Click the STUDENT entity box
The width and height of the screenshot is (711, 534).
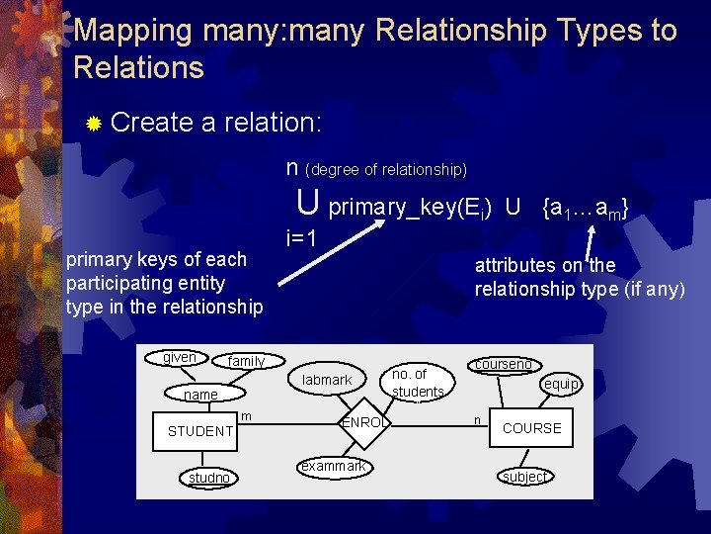199,431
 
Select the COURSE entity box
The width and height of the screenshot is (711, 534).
531,428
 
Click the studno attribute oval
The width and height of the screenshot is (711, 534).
208,478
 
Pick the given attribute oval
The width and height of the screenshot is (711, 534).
179,357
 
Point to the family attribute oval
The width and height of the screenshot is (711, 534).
246,362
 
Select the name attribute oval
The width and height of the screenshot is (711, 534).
200,395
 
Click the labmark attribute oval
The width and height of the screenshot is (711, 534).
327,380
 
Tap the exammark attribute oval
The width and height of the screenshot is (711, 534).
333,466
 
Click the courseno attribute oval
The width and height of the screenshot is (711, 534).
504,364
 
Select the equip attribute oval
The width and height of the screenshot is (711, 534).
561,384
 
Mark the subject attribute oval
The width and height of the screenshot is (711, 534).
523,477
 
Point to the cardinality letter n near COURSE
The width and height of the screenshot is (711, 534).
477,419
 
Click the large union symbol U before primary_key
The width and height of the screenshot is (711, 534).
308,203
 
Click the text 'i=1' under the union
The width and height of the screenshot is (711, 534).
301,238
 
